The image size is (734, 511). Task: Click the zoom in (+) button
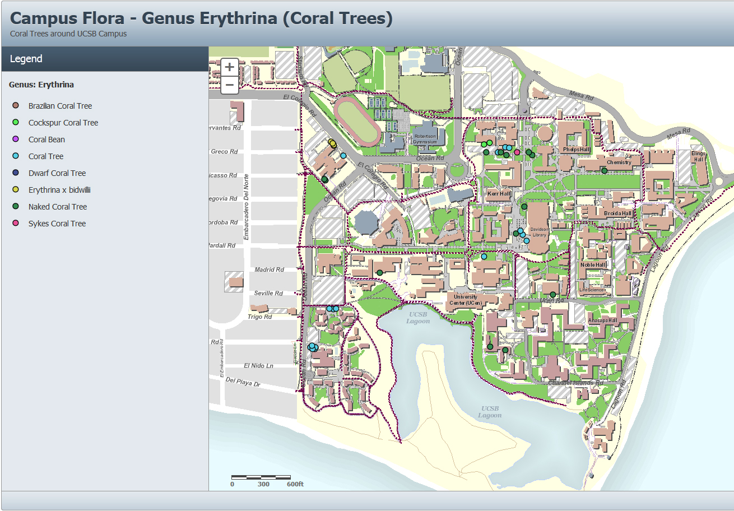(229, 67)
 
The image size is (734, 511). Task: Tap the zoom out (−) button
(229, 85)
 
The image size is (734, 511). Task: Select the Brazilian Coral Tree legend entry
(60, 106)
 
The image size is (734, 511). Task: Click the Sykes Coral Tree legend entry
(57, 224)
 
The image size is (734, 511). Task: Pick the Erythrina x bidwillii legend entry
(59, 190)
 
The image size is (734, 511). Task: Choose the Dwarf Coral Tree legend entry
(57, 173)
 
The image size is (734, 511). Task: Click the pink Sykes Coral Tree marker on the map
(517, 152)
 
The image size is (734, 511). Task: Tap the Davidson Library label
(539, 232)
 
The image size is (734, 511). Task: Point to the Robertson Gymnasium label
(425, 140)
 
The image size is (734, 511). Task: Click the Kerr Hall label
(499, 194)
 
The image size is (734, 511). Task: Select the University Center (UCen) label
(466, 300)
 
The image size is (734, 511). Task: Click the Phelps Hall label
(577, 150)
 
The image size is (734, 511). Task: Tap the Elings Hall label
(698, 156)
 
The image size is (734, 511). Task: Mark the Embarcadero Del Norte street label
(246, 207)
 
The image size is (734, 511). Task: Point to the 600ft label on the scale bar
(295, 484)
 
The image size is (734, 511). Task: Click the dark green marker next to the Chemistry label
(604, 171)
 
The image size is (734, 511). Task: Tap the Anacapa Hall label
(602, 320)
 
